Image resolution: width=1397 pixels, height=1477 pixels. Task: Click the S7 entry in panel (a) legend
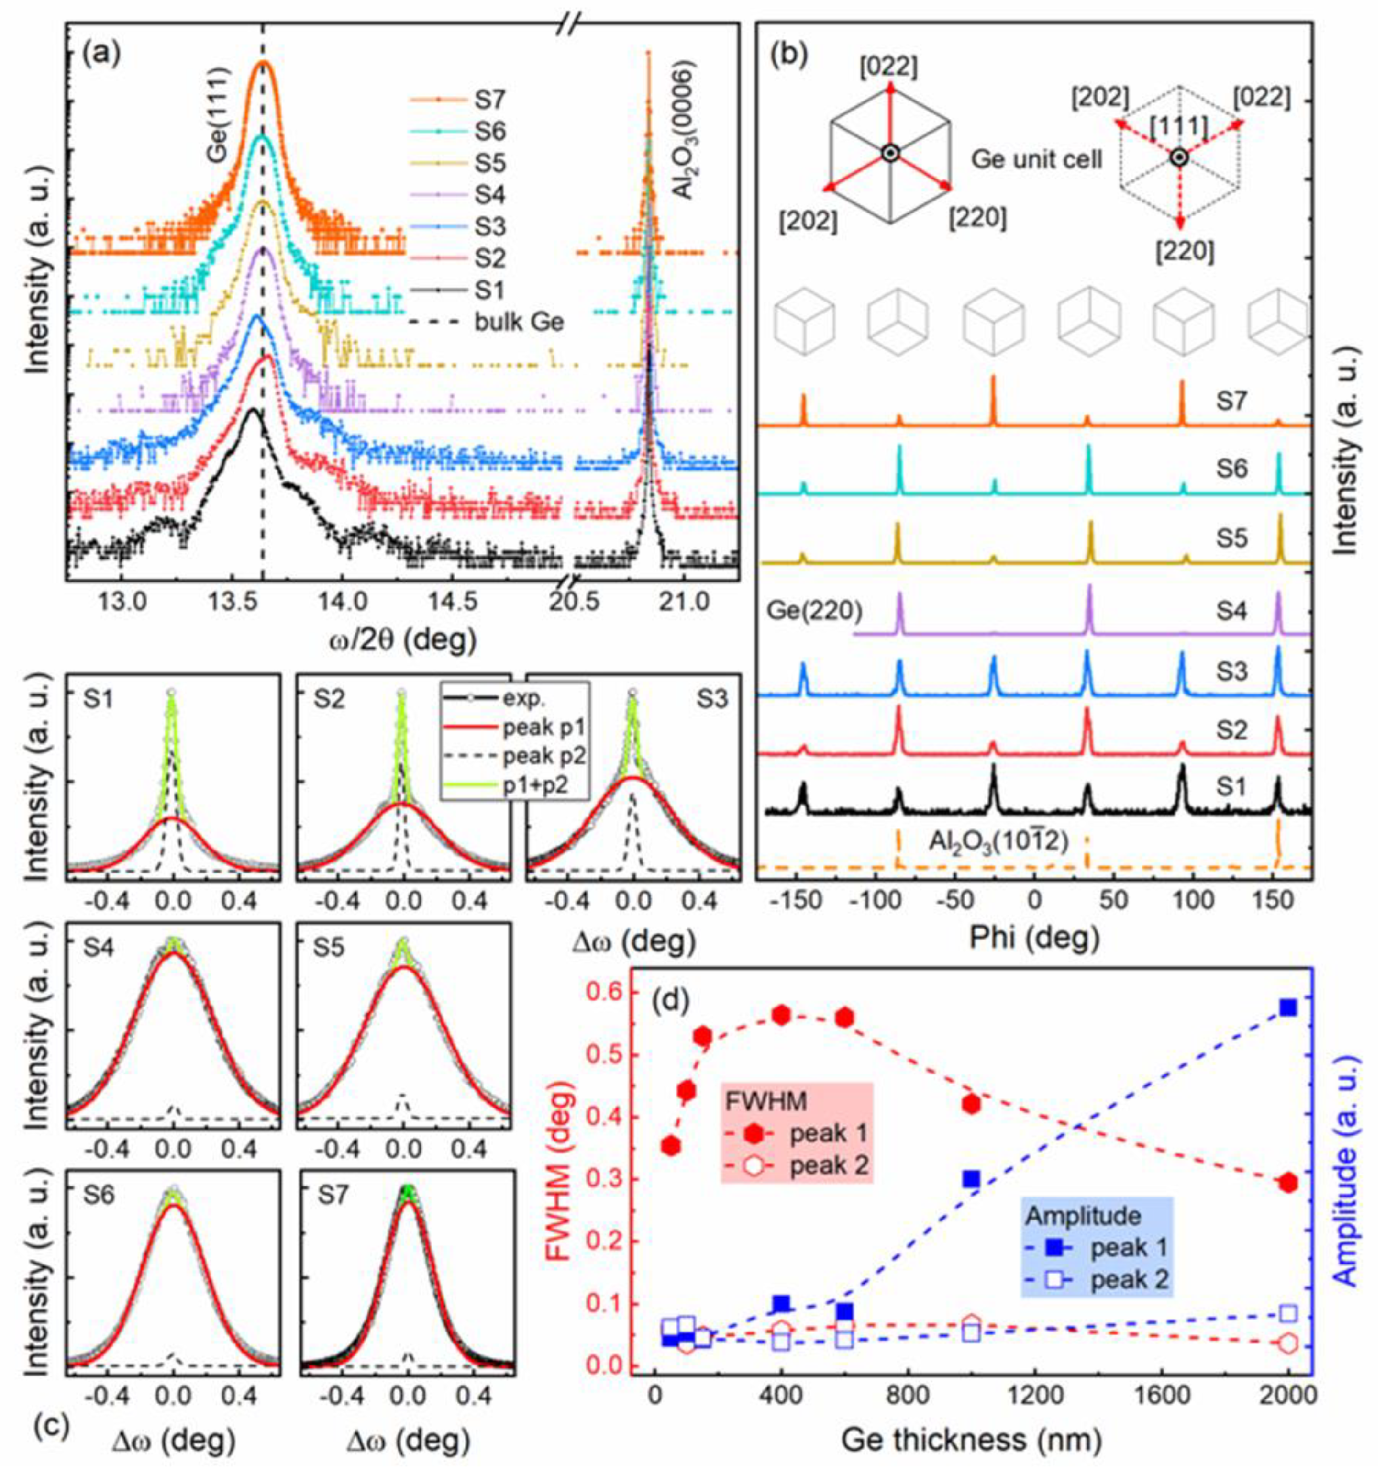click(489, 98)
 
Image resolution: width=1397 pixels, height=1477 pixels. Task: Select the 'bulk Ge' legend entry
click(520, 323)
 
